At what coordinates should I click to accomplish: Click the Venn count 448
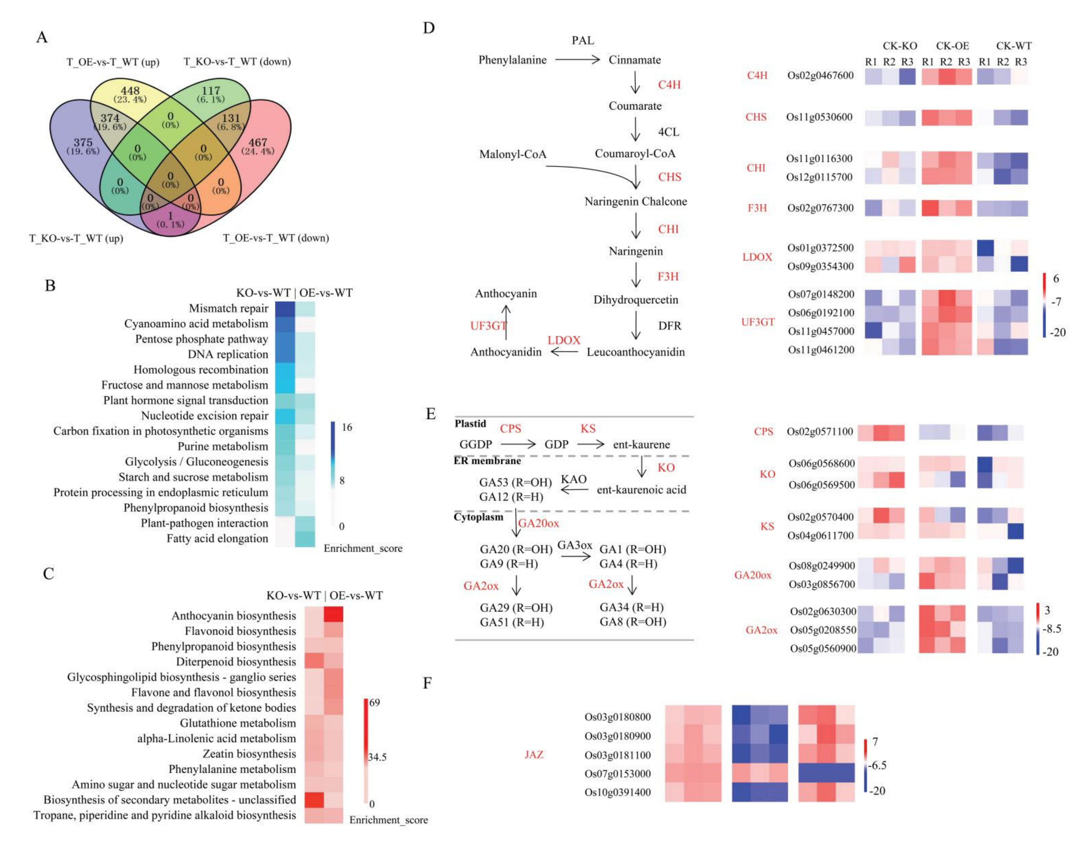(x=130, y=90)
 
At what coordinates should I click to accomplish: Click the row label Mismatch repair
(x=229, y=309)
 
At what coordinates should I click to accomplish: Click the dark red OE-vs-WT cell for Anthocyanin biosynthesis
(x=333, y=615)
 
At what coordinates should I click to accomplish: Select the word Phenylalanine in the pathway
(x=512, y=60)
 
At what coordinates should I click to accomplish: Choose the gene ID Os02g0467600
(x=820, y=76)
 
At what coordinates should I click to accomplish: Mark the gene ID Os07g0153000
(x=617, y=773)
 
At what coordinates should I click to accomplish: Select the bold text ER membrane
(x=487, y=461)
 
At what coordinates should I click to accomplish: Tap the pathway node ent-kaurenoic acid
(x=641, y=490)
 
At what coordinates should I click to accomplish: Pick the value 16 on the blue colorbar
(x=347, y=427)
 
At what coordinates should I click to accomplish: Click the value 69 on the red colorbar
(x=375, y=702)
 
